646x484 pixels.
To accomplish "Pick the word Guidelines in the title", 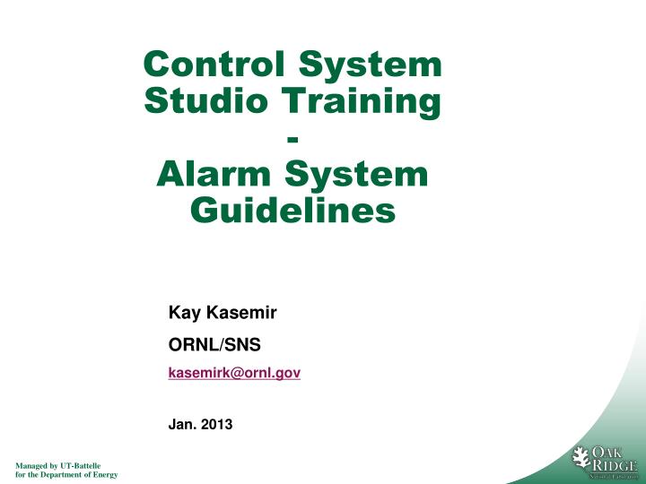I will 293,211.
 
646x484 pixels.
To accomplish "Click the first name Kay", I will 182,314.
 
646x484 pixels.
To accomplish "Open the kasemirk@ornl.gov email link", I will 234,372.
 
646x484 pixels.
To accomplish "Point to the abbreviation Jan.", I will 182,425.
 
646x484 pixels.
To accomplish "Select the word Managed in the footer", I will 29,466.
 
